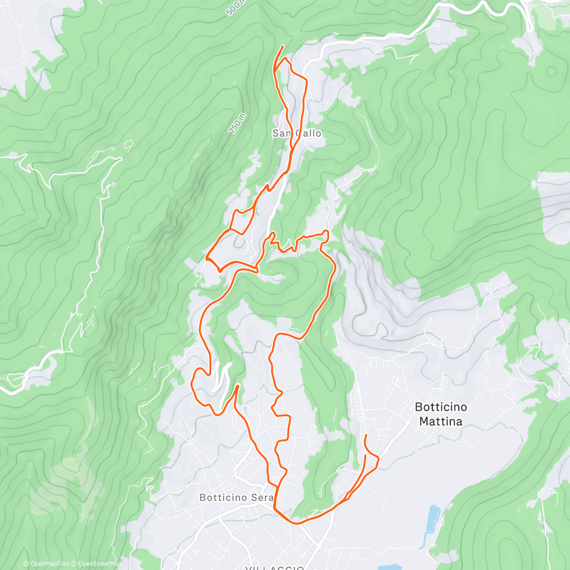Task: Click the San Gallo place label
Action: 297,133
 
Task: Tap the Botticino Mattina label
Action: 441,414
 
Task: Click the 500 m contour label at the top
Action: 236,8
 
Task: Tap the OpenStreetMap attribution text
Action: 99,564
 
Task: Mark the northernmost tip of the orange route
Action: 284,46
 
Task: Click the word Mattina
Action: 441,421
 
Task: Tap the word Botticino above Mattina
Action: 441,407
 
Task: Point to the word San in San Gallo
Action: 282,133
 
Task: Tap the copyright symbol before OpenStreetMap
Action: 75,564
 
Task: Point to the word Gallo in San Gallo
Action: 309,133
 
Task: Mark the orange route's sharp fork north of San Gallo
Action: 275,71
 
